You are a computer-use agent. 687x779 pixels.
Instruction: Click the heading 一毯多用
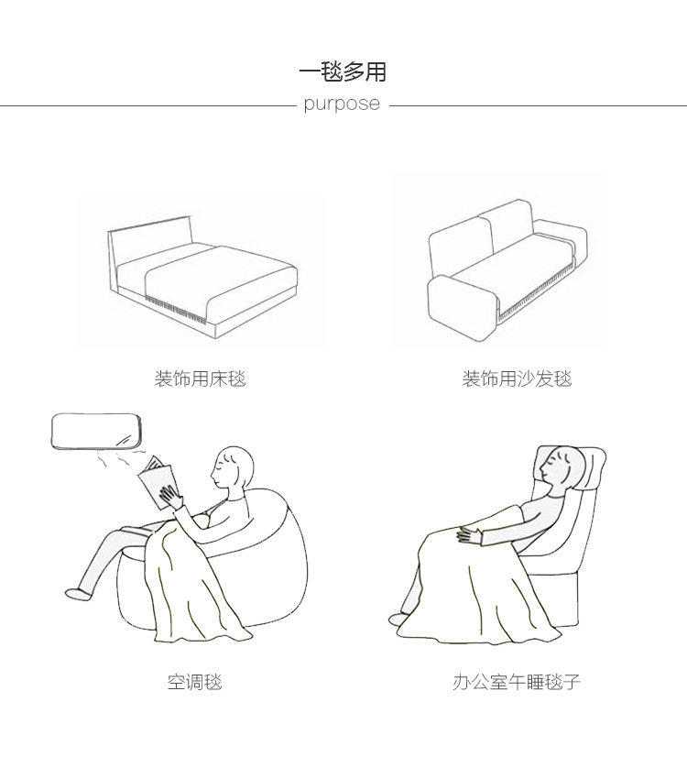343,71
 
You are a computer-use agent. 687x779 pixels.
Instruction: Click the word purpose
342,104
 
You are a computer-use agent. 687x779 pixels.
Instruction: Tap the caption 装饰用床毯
200,379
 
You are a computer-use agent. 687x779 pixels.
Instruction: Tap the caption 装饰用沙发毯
517,379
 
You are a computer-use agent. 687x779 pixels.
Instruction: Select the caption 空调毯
194,682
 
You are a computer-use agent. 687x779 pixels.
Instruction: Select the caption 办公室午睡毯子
517,682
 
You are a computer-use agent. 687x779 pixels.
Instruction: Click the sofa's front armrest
460,306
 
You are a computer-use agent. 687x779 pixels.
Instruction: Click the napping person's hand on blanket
470,532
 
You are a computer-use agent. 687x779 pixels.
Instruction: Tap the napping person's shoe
400,620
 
